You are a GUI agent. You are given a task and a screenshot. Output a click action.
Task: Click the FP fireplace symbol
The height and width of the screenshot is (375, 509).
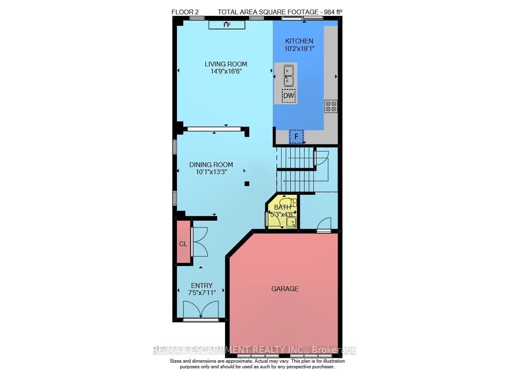click(227, 25)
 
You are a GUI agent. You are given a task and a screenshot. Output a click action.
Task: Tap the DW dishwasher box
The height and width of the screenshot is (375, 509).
click(289, 96)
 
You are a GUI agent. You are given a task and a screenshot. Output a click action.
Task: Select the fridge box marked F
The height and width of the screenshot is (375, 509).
click(296, 136)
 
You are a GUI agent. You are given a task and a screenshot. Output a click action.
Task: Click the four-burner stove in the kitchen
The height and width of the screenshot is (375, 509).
click(331, 106)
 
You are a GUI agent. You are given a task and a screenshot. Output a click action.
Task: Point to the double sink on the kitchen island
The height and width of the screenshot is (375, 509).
click(289, 76)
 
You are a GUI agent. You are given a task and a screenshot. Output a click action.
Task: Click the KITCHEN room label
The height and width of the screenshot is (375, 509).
click(299, 41)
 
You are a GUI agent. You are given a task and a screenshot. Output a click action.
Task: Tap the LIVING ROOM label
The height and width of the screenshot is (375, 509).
click(226, 64)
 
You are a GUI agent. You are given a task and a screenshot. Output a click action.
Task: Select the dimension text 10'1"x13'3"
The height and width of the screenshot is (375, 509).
click(211, 172)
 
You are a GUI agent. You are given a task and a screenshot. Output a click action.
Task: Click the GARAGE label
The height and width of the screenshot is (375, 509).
click(285, 289)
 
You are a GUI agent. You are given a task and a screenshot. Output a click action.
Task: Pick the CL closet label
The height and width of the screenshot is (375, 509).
click(183, 244)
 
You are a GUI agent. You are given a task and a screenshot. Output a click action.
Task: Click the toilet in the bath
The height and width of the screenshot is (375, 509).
click(288, 202)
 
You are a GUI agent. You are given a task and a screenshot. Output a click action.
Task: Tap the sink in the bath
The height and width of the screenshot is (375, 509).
click(291, 222)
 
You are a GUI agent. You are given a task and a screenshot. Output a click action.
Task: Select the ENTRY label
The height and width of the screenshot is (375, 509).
click(202, 286)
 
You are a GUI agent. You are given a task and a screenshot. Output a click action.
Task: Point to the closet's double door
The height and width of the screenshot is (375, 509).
click(200, 242)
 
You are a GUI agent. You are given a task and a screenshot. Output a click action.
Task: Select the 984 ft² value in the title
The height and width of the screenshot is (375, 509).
click(333, 12)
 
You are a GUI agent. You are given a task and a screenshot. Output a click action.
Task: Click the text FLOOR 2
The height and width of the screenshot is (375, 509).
click(185, 12)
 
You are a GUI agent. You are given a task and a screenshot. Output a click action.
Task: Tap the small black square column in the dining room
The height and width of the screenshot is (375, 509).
click(247, 184)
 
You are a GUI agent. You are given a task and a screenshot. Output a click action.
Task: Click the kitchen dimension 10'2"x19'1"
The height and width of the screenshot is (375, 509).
click(299, 49)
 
